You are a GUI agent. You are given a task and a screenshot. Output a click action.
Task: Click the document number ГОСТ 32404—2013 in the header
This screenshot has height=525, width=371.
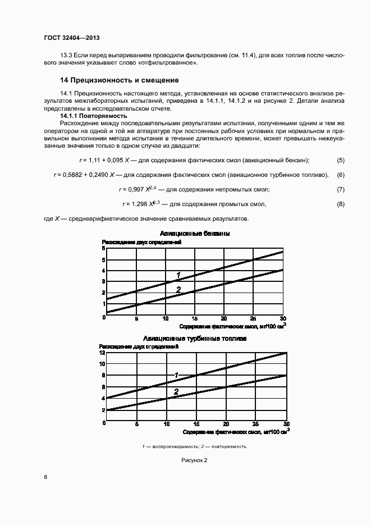(71, 39)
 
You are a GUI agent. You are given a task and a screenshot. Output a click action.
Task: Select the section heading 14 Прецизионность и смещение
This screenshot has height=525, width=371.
(120, 80)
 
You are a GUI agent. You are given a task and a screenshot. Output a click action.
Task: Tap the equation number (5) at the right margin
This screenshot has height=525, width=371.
(340, 160)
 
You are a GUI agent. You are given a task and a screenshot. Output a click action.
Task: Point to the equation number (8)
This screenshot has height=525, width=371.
(340, 203)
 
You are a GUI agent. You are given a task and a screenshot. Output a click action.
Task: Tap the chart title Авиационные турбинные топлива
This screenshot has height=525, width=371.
(195, 339)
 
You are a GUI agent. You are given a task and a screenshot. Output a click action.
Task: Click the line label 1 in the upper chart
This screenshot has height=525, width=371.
(178, 275)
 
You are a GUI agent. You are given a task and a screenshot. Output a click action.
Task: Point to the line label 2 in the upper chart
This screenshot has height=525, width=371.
(178, 290)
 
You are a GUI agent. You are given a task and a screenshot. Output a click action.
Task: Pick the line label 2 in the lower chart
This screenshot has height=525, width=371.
(176, 391)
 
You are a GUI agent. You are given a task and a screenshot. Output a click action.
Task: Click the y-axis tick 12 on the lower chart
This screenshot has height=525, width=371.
(102, 353)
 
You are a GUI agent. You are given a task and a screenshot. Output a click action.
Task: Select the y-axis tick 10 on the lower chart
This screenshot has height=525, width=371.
(102, 364)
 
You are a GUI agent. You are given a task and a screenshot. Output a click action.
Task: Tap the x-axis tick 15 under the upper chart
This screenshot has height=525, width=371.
(195, 318)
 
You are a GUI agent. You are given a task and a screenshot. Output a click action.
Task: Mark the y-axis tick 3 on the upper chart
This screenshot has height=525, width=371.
(103, 281)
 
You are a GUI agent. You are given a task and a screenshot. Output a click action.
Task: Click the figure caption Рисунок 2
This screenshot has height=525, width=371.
(194, 460)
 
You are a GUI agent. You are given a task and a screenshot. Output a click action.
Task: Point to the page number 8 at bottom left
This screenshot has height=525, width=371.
(45, 477)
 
